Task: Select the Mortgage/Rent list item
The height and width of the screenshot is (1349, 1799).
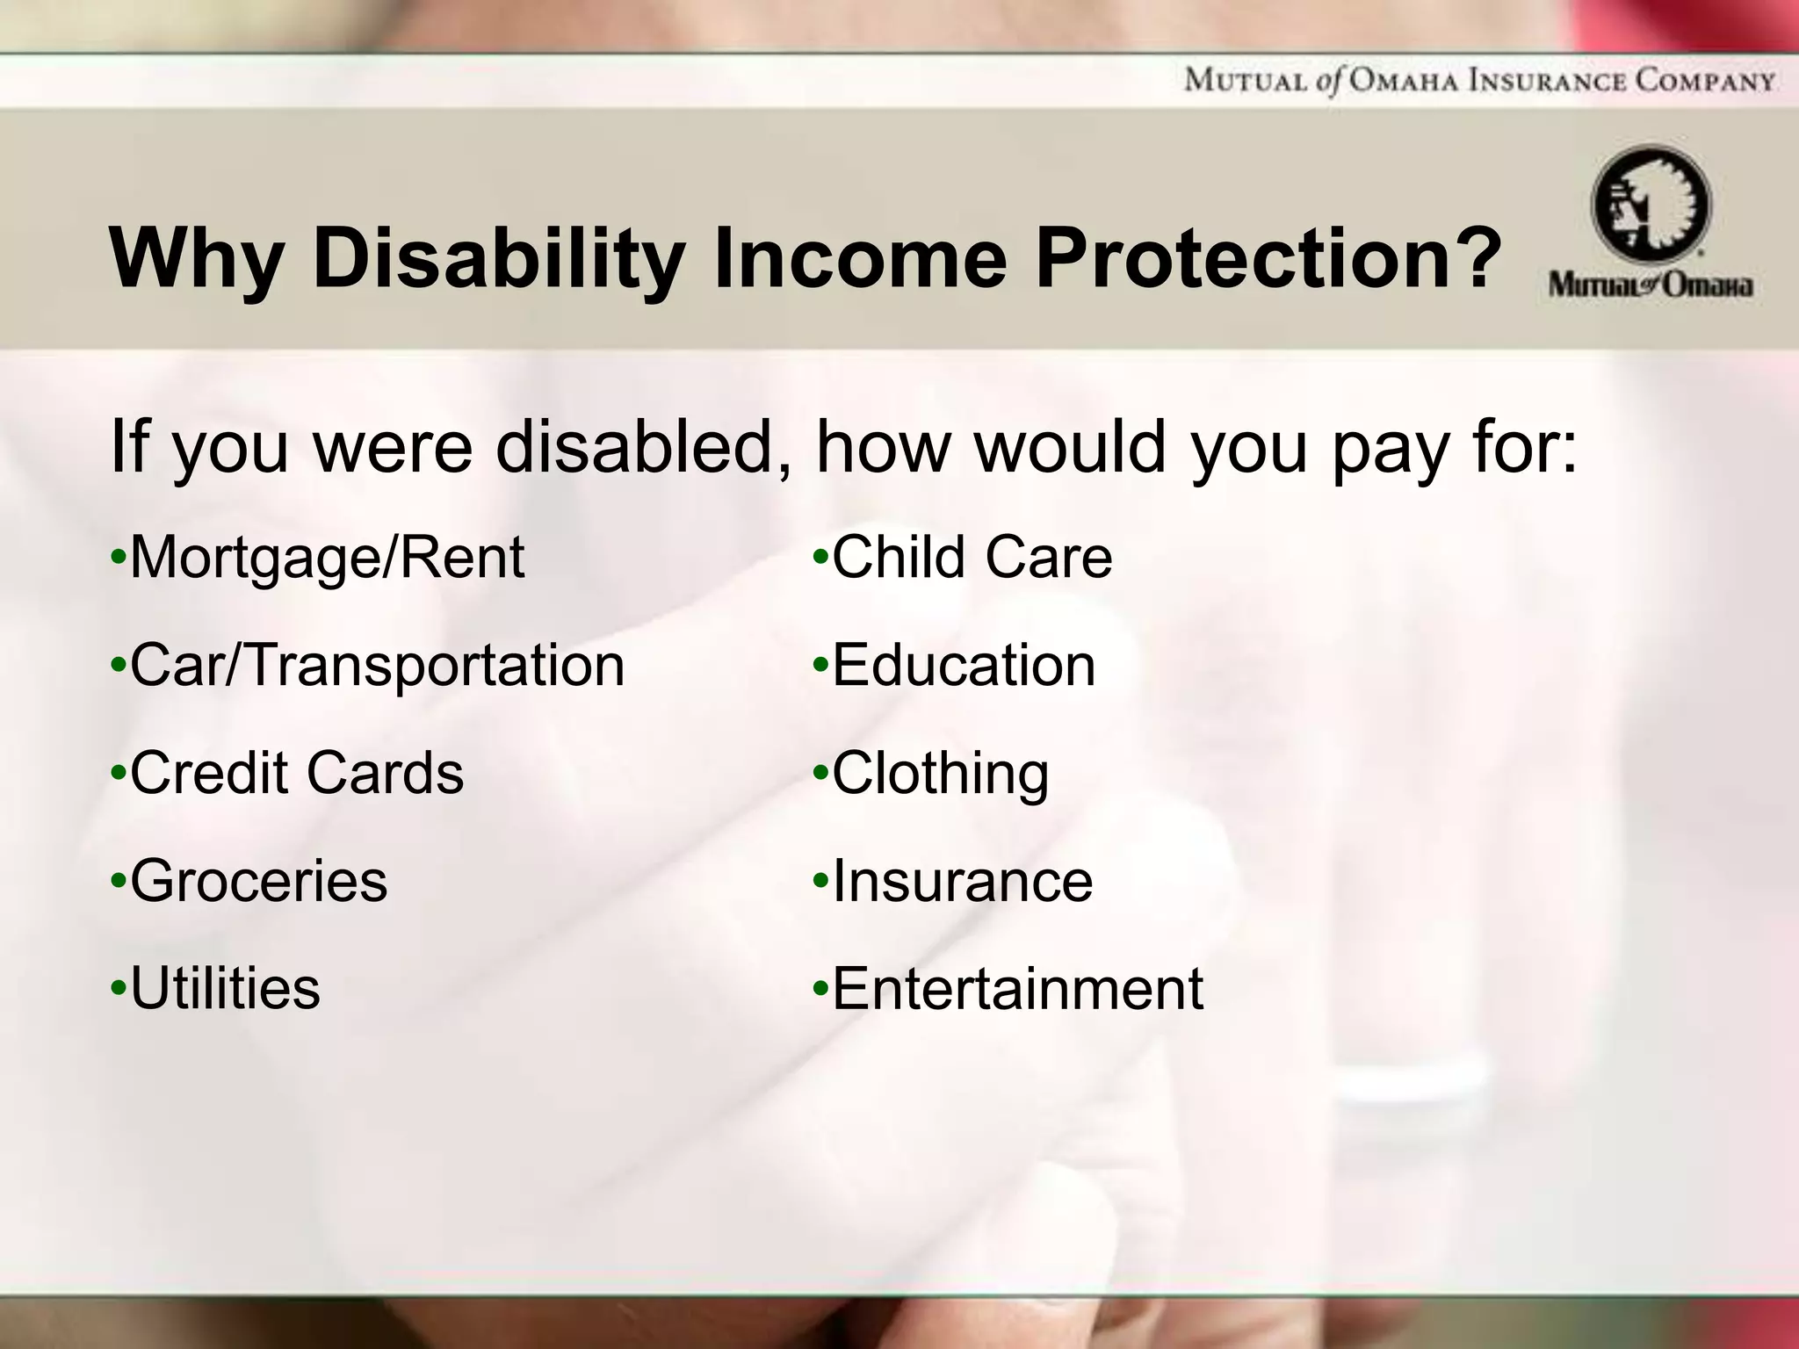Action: (327, 559)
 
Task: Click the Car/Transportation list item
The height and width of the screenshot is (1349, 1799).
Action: (377, 666)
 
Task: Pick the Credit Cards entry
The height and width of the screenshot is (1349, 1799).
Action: (296, 774)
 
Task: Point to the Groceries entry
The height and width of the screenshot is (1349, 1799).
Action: (258, 881)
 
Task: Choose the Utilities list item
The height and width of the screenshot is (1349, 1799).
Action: (225, 989)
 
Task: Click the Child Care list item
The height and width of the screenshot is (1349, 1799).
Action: (972, 558)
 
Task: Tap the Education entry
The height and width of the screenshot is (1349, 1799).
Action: (964, 666)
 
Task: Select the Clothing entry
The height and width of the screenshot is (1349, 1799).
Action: (940, 774)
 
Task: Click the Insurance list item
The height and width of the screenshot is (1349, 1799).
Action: (962, 881)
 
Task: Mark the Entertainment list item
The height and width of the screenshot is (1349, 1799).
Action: (1017, 989)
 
